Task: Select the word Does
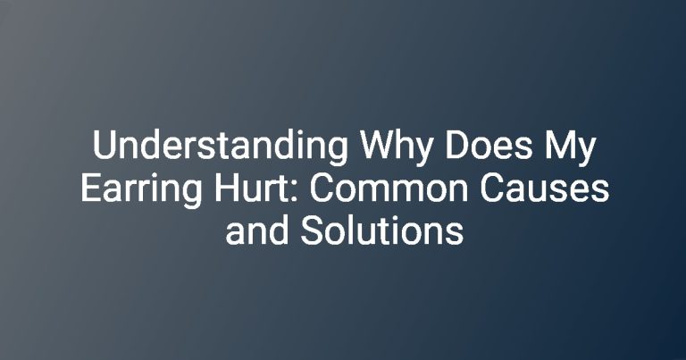[x=489, y=146]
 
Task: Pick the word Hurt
[x=253, y=188]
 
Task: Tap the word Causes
[x=545, y=188]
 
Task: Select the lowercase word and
[x=257, y=230]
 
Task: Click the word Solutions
[x=381, y=230]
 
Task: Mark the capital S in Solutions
[x=312, y=230]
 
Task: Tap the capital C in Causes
[x=493, y=188]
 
